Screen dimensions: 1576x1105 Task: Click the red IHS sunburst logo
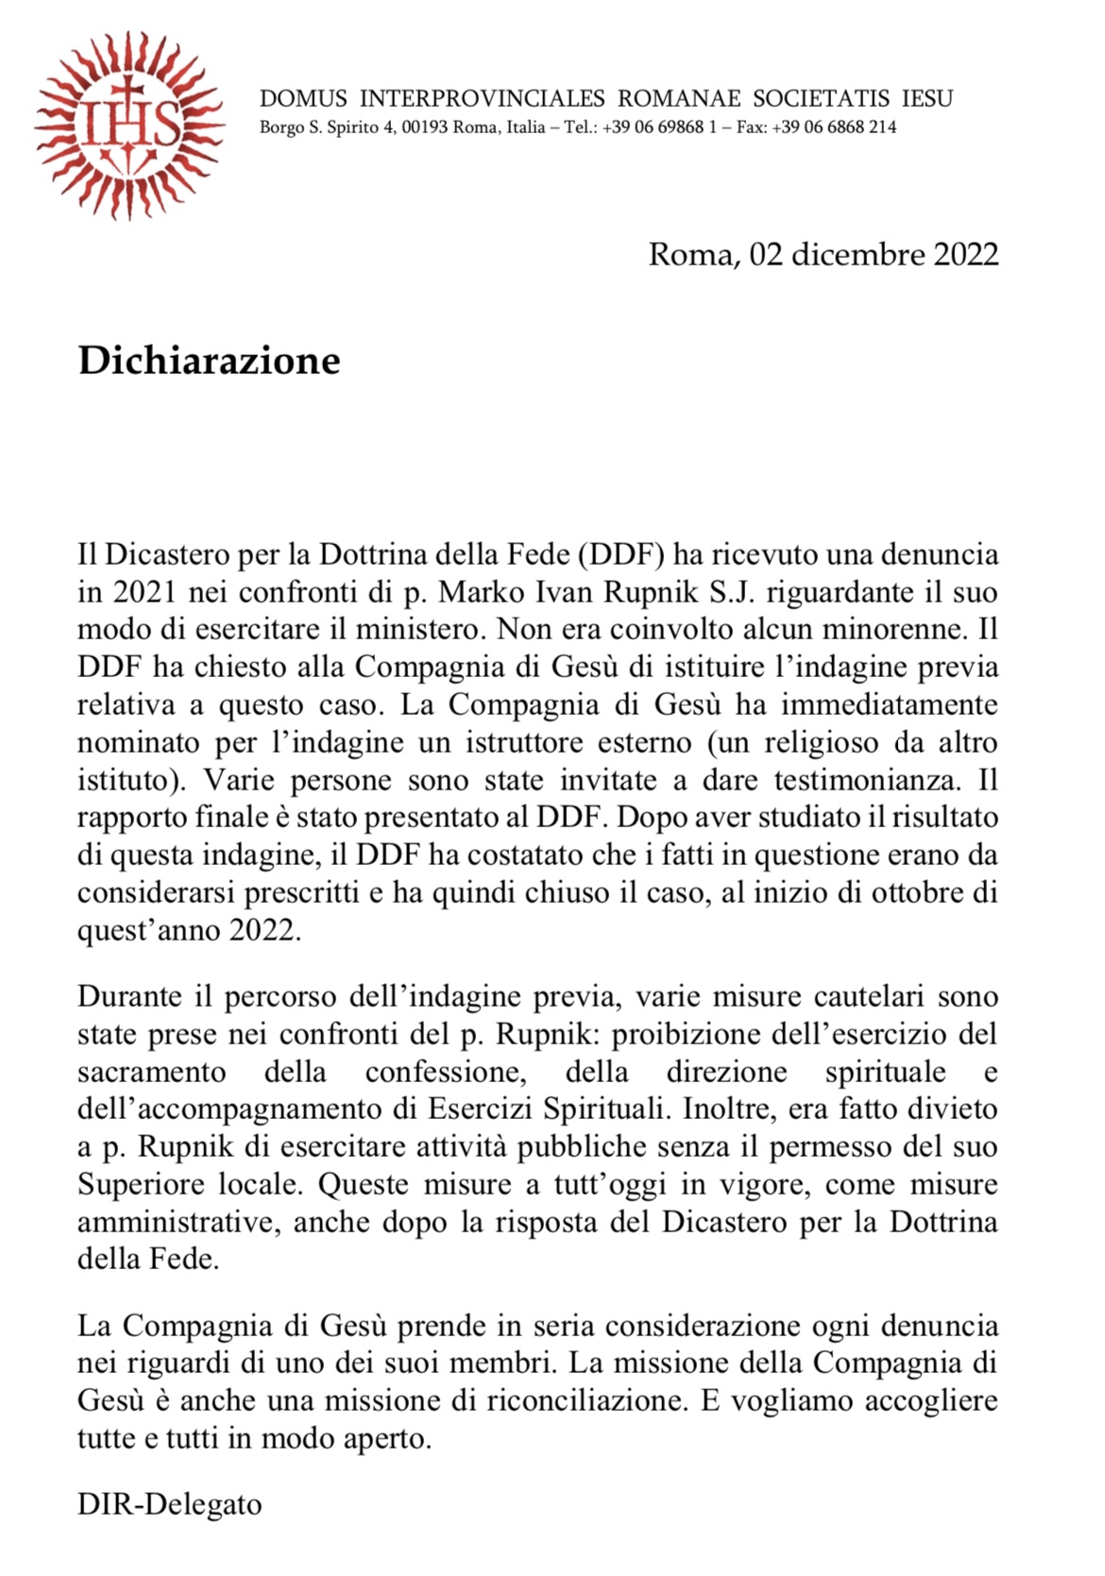pyautogui.click(x=129, y=124)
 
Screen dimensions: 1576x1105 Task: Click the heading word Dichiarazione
pyautogui.click(x=209, y=361)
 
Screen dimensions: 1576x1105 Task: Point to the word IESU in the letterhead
pyautogui.click(x=926, y=98)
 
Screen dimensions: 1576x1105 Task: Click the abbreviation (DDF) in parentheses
pyautogui.click(x=620, y=555)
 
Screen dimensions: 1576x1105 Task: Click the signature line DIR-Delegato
pyautogui.click(x=170, y=1503)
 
